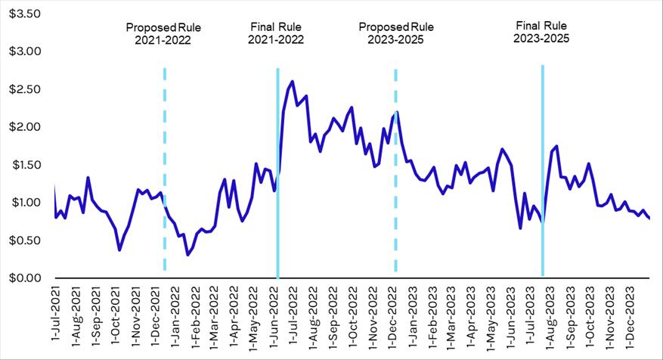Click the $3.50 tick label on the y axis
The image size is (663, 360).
pos(24,14)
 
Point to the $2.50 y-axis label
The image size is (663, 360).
pos(24,89)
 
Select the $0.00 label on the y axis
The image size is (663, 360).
pos(24,278)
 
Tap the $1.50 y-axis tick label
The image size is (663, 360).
pos(24,165)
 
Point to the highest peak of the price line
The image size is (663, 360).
pos(293,82)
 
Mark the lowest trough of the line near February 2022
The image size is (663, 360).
pos(187,255)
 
